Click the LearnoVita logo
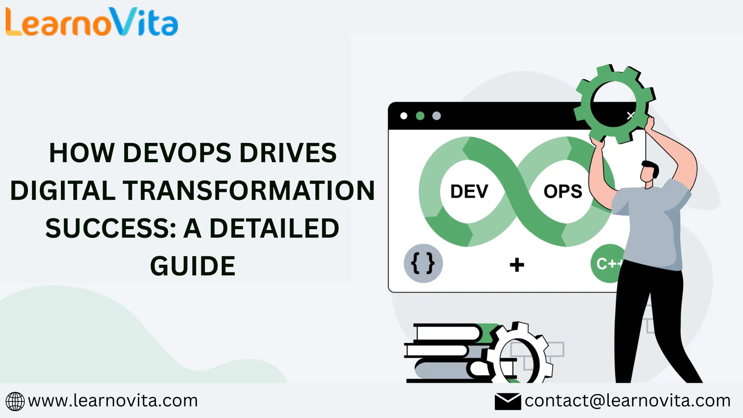(x=91, y=22)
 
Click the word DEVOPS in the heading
(x=177, y=153)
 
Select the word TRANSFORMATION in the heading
(x=249, y=190)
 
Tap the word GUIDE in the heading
(x=193, y=266)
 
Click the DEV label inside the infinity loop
(x=469, y=191)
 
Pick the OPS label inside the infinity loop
(x=562, y=191)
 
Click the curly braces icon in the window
(x=423, y=263)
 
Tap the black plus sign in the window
(x=517, y=265)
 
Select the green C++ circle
(x=606, y=263)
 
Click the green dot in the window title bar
(x=420, y=116)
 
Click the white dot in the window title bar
(x=404, y=116)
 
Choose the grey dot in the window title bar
(x=437, y=116)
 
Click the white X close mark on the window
(x=630, y=116)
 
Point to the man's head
(x=649, y=172)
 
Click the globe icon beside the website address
(x=15, y=401)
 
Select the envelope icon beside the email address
(x=508, y=401)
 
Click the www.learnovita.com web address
(x=113, y=401)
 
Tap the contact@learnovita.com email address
(x=627, y=401)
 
